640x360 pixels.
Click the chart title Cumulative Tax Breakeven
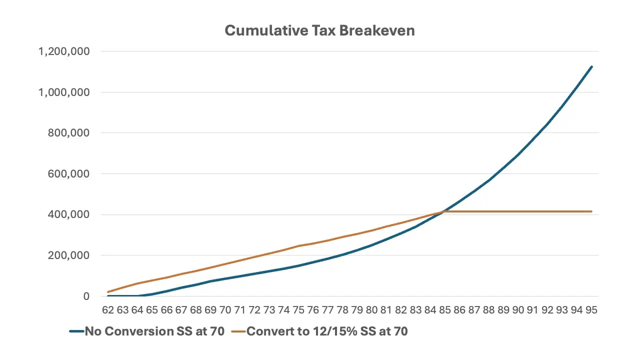[319, 30]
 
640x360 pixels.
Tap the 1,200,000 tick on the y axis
[64, 51]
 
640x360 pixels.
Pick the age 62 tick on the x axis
[108, 310]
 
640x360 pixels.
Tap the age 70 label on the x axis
[225, 310]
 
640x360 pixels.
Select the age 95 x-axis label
[591, 310]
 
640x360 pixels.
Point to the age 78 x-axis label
[342, 310]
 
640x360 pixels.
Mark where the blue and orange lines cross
[442, 212]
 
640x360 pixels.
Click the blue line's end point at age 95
[591, 66]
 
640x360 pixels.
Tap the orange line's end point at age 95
[591, 211]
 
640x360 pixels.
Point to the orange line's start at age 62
[108, 292]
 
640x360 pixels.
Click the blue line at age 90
[518, 155]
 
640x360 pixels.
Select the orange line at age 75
[298, 245]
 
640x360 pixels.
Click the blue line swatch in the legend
[76, 331]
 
